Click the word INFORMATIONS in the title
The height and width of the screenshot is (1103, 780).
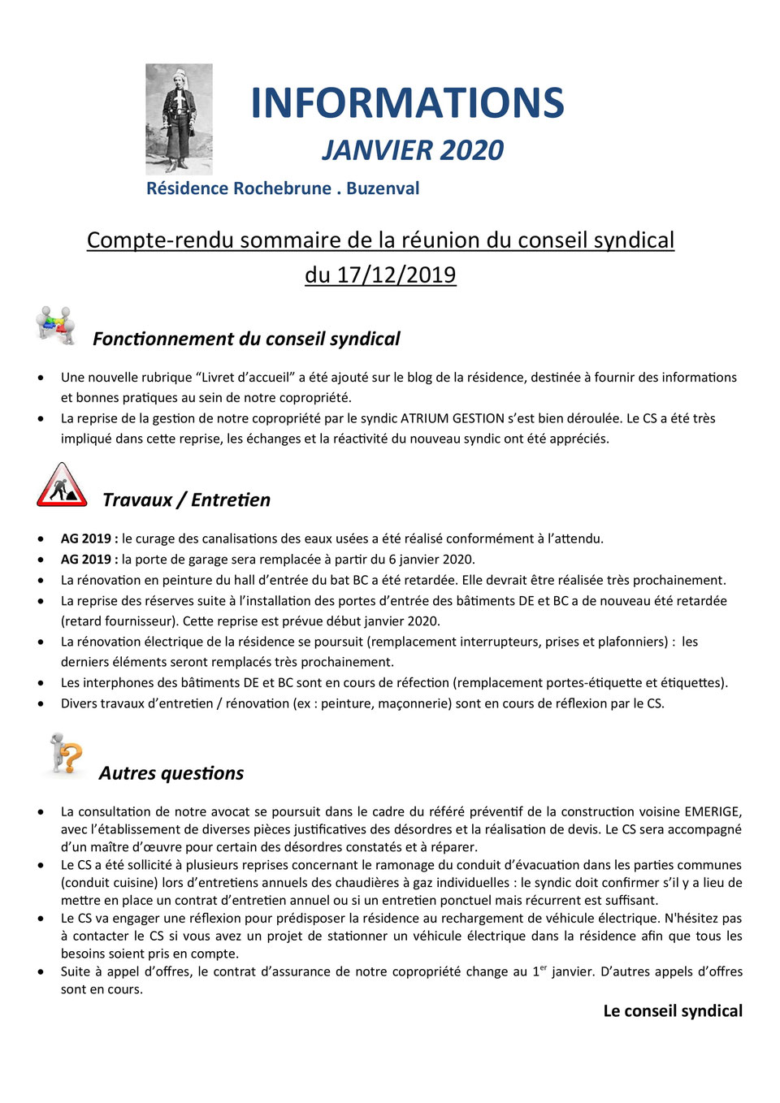[407, 103]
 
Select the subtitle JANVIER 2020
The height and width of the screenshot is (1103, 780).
[413, 150]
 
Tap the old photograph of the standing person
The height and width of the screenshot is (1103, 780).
[179, 119]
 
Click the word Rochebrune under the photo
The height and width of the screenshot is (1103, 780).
[283, 188]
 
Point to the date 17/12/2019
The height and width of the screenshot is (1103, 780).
[396, 275]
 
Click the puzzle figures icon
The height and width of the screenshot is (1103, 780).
[55, 326]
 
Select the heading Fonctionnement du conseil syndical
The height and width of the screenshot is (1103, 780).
[246, 339]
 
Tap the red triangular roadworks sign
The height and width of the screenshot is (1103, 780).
[62, 486]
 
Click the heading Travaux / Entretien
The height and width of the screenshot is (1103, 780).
[186, 500]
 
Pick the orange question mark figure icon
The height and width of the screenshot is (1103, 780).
[66, 754]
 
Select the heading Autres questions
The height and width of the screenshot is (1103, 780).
[171, 773]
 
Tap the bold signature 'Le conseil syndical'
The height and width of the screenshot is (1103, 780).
[672, 1011]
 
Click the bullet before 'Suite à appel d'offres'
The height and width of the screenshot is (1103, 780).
[41, 972]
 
